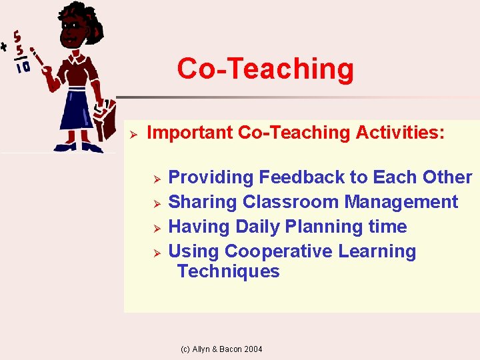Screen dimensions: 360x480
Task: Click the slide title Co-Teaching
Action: pos(265,69)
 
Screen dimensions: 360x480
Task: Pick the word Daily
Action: pos(253,227)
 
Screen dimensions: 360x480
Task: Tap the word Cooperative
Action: pos(278,251)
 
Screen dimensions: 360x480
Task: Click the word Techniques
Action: pos(228,271)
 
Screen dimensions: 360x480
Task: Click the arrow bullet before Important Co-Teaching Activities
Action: pos(133,133)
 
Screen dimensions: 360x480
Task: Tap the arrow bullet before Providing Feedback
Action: pos(155,179)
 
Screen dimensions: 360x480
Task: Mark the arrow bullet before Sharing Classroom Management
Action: pos(155,203)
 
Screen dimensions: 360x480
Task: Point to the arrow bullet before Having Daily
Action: pos(155,228)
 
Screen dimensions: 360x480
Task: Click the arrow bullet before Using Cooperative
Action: pos(155,253)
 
